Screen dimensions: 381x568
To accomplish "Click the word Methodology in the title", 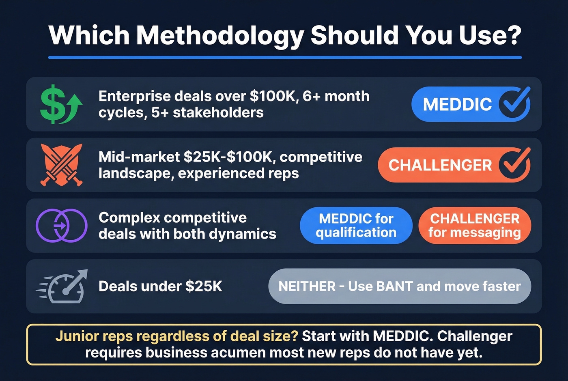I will click(219, 35).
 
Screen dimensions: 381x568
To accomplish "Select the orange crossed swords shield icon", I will click(61, 165).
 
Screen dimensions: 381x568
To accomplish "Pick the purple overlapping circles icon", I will click(61, 226).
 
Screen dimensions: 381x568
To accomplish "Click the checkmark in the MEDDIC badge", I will click(514, 104).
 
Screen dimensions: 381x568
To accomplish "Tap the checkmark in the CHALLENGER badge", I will click(514, 164).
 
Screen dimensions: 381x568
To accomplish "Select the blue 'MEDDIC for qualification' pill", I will click(356, 226).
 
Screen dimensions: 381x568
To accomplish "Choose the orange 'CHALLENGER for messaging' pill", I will click(474, 226).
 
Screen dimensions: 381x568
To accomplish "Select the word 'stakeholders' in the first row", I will click(218, 112).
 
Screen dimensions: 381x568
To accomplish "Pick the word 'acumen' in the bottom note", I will click(238, 353).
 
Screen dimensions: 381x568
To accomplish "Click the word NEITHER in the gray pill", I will click(307, 286).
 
